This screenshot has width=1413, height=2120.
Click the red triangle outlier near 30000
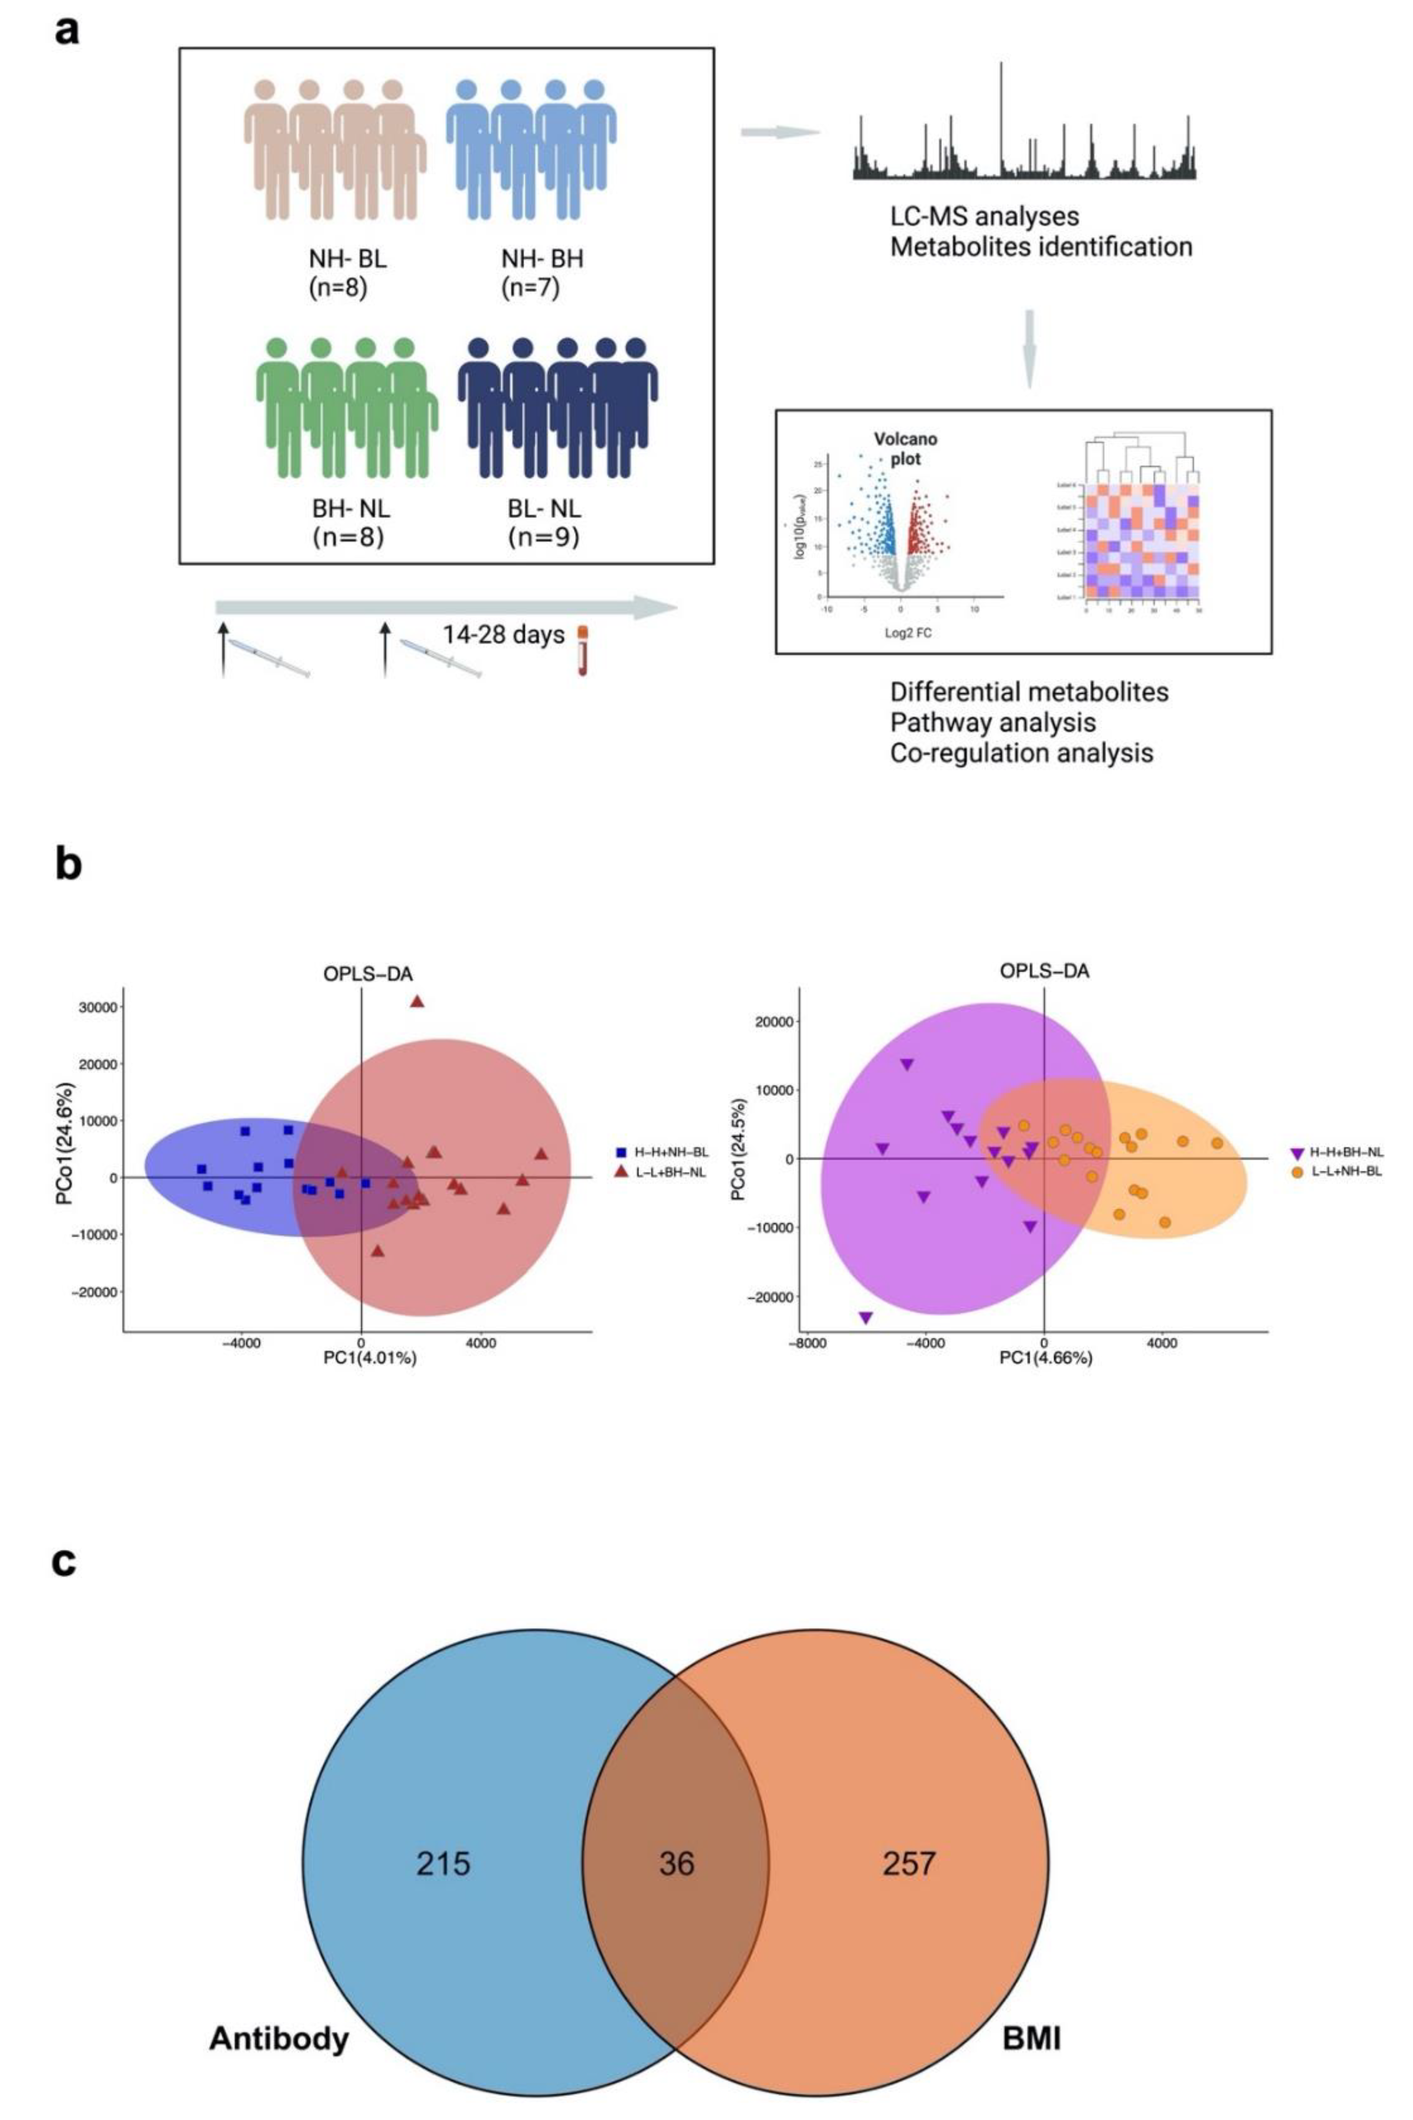point(416,1001)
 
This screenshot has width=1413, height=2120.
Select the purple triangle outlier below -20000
point(866,1318)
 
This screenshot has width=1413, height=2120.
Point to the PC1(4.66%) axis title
point(1045,1356)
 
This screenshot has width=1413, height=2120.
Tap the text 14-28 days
point(503,634)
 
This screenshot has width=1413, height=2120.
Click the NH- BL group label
point(347,260)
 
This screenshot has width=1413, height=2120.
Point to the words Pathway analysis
point(992,722)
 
